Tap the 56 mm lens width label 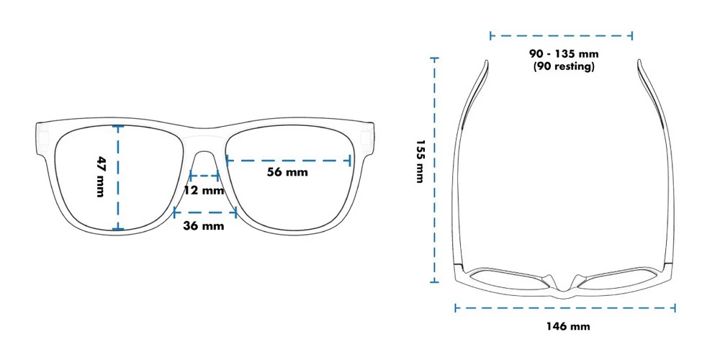287,172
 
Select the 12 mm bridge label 204,191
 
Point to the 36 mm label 204,226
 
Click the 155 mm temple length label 419,161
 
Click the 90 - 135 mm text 564,54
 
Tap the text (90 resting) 564,67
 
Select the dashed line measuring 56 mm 288,161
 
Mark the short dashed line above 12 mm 204,175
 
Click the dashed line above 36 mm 205,211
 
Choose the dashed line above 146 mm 564,307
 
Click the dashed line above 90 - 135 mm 561,35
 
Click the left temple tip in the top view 485,66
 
